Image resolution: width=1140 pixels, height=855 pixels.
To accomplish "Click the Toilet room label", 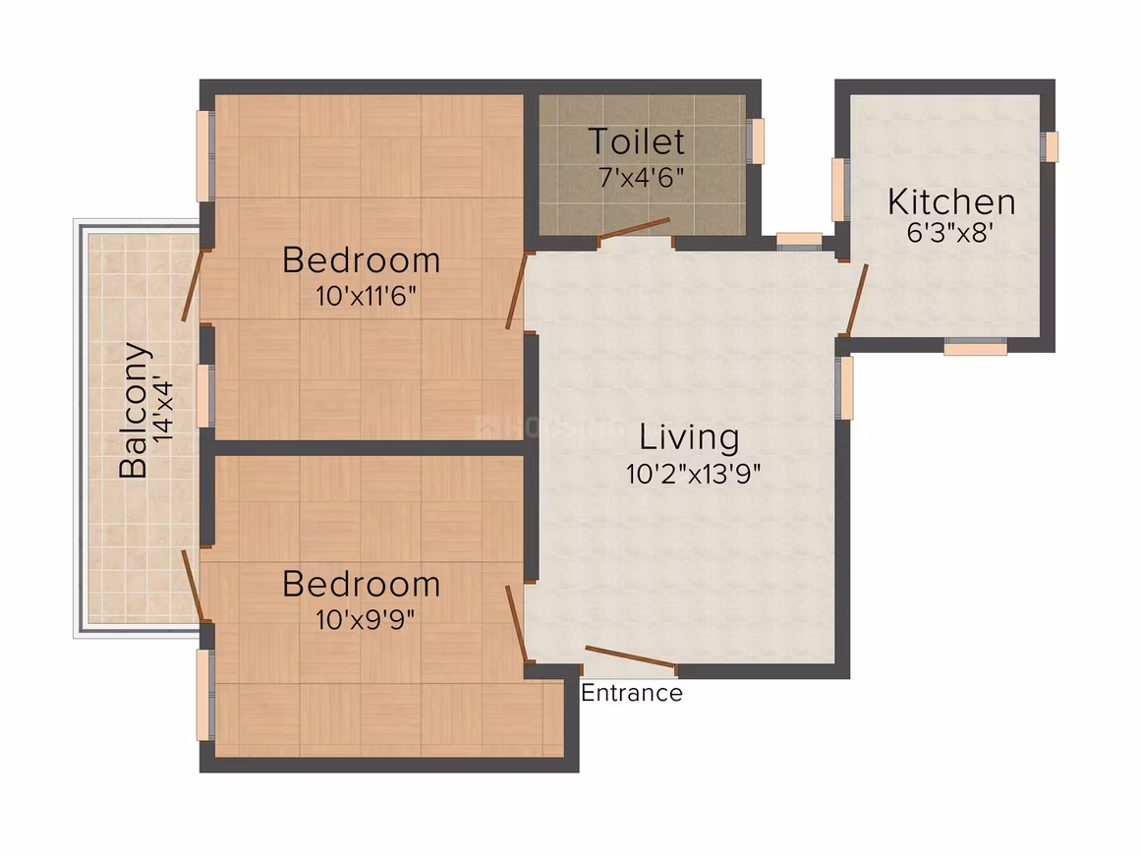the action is coord(636,142).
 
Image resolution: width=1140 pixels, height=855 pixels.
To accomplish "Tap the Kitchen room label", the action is coord(951,202).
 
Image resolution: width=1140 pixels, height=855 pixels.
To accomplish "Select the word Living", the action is coord(689,437).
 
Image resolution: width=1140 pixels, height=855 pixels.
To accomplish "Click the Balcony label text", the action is coord(135,410).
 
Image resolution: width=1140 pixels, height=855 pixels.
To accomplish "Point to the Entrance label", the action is coord(632,693).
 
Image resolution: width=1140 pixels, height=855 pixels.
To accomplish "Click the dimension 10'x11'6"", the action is coord(366,296).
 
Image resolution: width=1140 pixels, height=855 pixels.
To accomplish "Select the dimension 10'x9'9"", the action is coord(365,619).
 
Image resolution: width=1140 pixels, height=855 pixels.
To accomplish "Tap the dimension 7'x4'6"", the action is coord(641,177).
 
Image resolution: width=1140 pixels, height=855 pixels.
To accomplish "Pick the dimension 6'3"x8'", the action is coord(949,232).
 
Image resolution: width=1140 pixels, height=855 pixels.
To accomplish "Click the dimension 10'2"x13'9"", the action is coord(693,474).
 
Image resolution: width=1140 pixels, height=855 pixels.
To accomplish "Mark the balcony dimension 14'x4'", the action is coord(164,411).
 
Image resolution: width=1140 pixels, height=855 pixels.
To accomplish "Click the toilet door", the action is coord(633,228).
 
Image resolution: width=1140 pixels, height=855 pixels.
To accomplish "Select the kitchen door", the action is coord(856,301).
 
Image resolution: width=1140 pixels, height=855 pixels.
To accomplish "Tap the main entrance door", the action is coord(630,655).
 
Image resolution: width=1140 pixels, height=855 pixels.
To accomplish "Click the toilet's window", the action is coord(757,142).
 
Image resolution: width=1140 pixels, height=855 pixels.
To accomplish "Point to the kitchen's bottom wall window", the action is coord(975,347).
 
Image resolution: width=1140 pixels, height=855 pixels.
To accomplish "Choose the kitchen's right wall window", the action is coord(1050,146).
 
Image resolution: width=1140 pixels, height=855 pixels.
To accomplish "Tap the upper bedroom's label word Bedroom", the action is coord(362,260).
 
